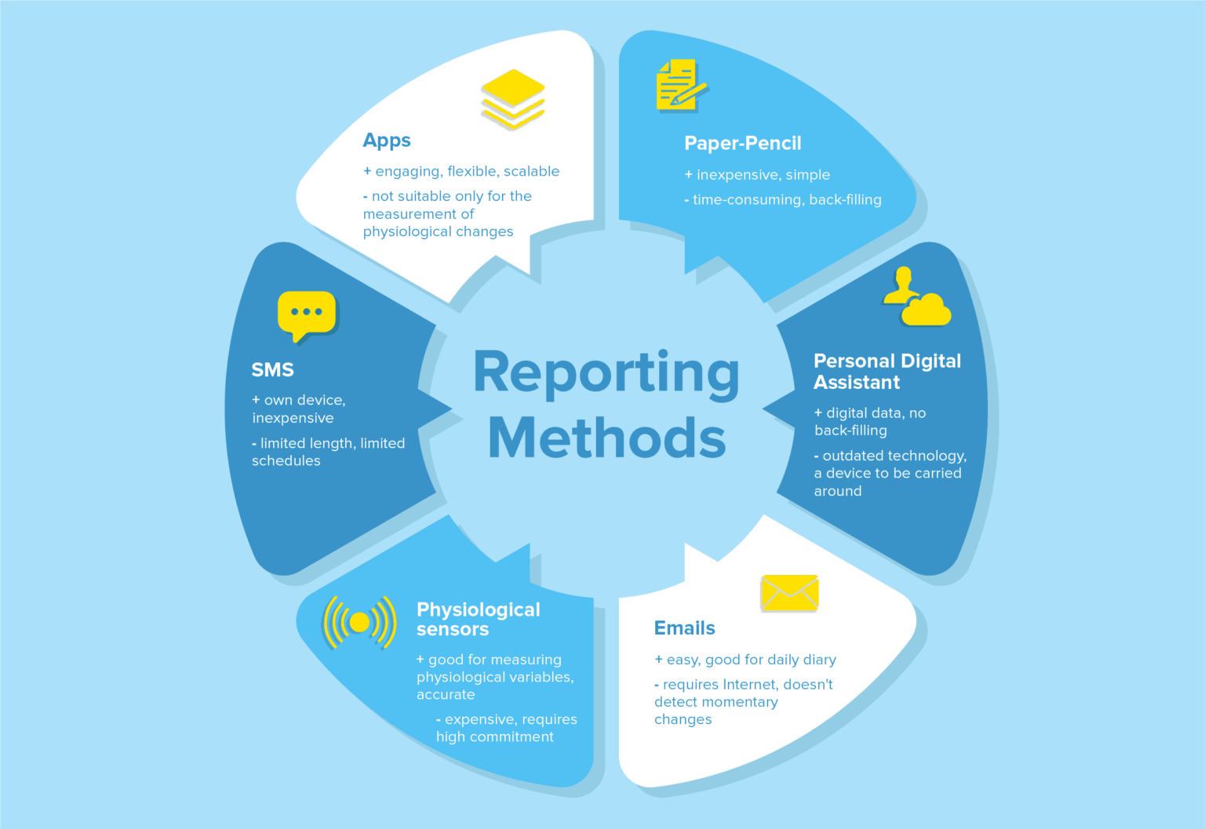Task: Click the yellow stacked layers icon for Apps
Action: tap(512, 99)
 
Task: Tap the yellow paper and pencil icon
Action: tap(681, 85)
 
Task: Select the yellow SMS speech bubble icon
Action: tap(307, 316)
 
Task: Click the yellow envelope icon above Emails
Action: tap(790, 593)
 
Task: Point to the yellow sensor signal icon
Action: tap(359, 623)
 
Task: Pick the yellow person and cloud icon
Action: tap(916, 296)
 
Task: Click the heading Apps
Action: tap(387, 140)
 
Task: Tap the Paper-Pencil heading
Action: tap(742, 143)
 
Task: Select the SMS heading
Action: tap(273, 369)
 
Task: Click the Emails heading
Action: tap(684, 627)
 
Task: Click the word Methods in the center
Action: tap(606, 437)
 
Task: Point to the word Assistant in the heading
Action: tap(857, 382)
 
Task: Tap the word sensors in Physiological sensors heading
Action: tap(453, 629)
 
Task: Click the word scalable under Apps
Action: tap(531, 171)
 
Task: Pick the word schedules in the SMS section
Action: tap(286, 460)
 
